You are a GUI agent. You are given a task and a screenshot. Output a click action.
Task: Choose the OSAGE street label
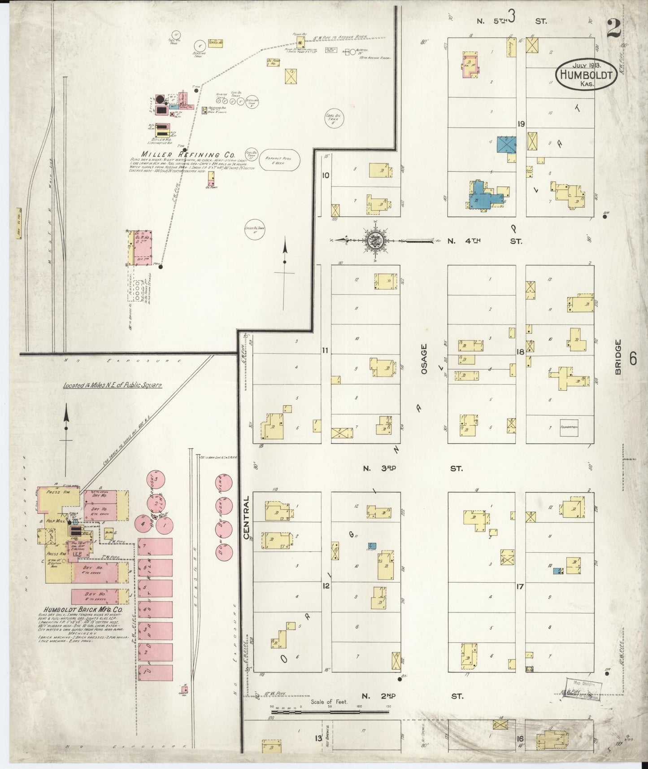423,359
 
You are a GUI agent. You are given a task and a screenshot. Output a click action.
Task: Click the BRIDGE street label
619,357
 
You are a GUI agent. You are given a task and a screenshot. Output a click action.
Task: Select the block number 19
520,124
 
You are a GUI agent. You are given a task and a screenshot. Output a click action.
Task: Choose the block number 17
520,586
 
